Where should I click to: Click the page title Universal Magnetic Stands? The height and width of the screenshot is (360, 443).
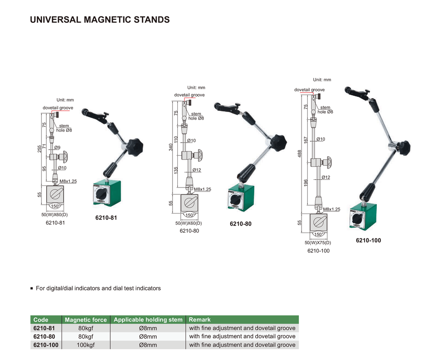(100, 20)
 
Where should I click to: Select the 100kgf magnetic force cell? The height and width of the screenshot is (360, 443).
(86, 345)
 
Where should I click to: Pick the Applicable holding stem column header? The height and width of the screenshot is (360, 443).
(148, 320)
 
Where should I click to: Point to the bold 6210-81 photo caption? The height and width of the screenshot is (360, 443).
(106, 218)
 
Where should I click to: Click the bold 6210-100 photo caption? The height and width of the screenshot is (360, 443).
(368, 240)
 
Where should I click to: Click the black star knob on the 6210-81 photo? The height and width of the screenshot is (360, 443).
(135, 146)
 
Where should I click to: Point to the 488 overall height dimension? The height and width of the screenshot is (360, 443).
(299, 153)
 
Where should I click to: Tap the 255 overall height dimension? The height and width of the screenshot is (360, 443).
(39, 148)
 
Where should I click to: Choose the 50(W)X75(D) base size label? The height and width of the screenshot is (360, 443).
(318, 243)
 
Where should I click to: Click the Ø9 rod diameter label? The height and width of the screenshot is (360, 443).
(57, 147)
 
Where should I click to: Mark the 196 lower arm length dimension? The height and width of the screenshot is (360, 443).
(306, 184)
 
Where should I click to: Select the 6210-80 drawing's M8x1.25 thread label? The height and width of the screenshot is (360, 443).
(202, 189)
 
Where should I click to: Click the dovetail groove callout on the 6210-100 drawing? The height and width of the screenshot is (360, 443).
(309, 90)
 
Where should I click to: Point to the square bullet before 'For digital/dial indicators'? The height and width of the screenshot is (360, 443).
(32, 288)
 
